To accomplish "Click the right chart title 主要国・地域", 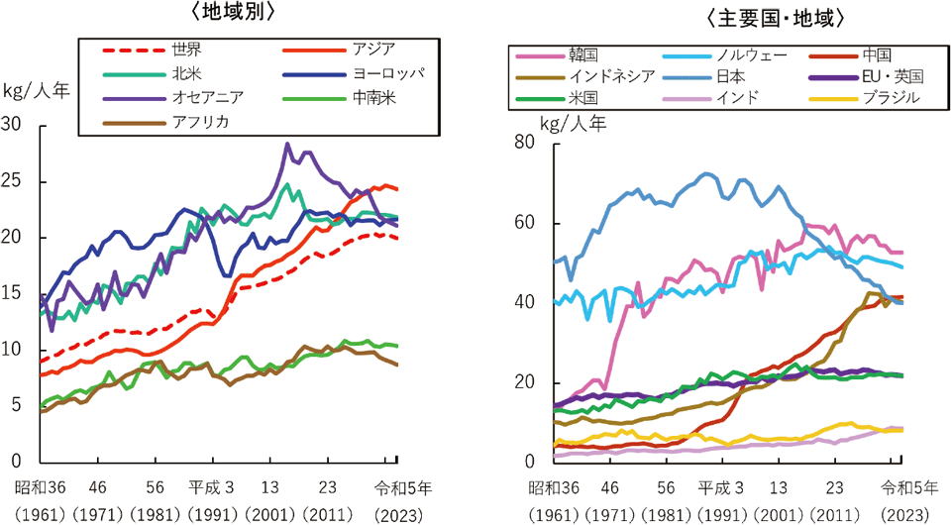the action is point(774,19).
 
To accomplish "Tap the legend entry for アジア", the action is point(339,50).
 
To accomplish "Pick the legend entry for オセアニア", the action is point(172,98).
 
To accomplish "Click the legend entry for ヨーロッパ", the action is point(353,74).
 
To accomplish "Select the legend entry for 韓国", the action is point(557,55).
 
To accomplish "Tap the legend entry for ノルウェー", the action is point(724,55).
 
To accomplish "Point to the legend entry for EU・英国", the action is point(866,76).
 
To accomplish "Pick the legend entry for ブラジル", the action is point(864,98).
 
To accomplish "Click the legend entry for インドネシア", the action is point(584,76).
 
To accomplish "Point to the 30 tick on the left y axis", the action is point(11,124).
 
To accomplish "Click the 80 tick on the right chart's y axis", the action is point(525,142).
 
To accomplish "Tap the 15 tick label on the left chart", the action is point(11,293).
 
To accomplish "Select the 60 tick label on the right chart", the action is point(525,223).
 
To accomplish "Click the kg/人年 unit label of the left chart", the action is point(37,91).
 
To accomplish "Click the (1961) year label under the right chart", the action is point(553,515).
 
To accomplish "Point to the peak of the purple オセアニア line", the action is point(287,145).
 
